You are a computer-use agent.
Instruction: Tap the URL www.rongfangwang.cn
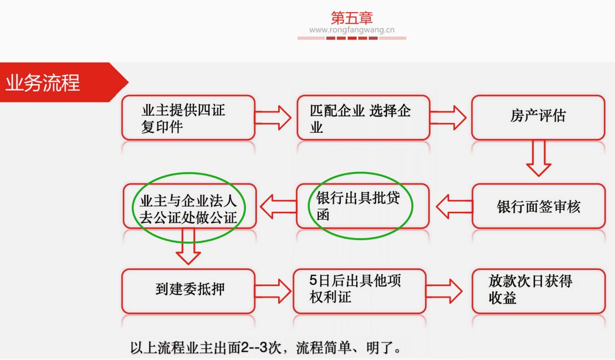(352, 30)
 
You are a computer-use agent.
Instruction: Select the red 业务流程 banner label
(43, 83)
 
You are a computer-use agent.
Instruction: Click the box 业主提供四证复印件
(188, 117)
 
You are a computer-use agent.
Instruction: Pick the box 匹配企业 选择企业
(363, 117)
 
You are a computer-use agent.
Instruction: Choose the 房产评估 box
(538, 117)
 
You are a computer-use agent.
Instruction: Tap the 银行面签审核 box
(538, 206)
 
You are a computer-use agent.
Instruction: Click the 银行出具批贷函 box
(363, 206)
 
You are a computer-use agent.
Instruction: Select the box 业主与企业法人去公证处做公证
(188, 206)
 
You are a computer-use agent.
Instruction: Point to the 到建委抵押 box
(188, 291)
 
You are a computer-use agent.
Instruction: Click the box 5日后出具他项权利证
(359, 291)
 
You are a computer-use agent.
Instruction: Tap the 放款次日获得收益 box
(538, 291)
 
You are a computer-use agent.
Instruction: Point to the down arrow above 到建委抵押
(188, 247)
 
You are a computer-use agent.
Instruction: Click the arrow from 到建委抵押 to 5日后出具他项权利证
(273, 291)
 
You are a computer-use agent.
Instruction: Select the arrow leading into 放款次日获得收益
(444, 291)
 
